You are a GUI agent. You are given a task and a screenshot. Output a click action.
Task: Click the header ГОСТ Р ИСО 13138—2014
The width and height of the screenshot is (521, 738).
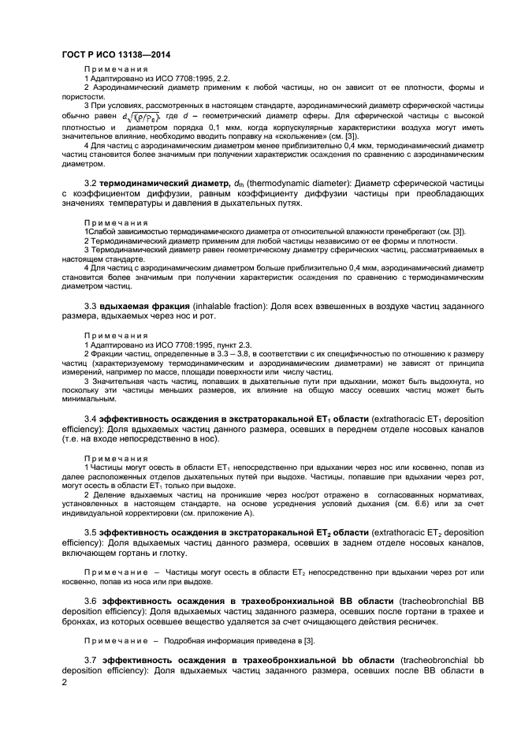pos(116,54)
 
